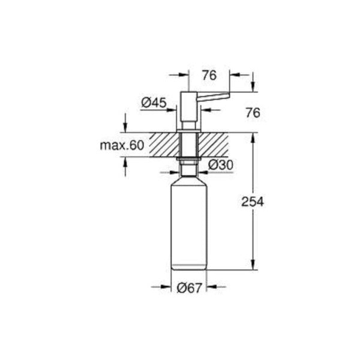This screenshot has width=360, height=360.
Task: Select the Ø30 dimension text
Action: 220,164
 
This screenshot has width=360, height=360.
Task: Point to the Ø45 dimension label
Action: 154,103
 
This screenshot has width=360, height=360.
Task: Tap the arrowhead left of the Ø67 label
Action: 168,287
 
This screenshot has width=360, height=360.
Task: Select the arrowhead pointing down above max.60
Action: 125,128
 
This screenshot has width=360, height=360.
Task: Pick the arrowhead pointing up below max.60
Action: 125,161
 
